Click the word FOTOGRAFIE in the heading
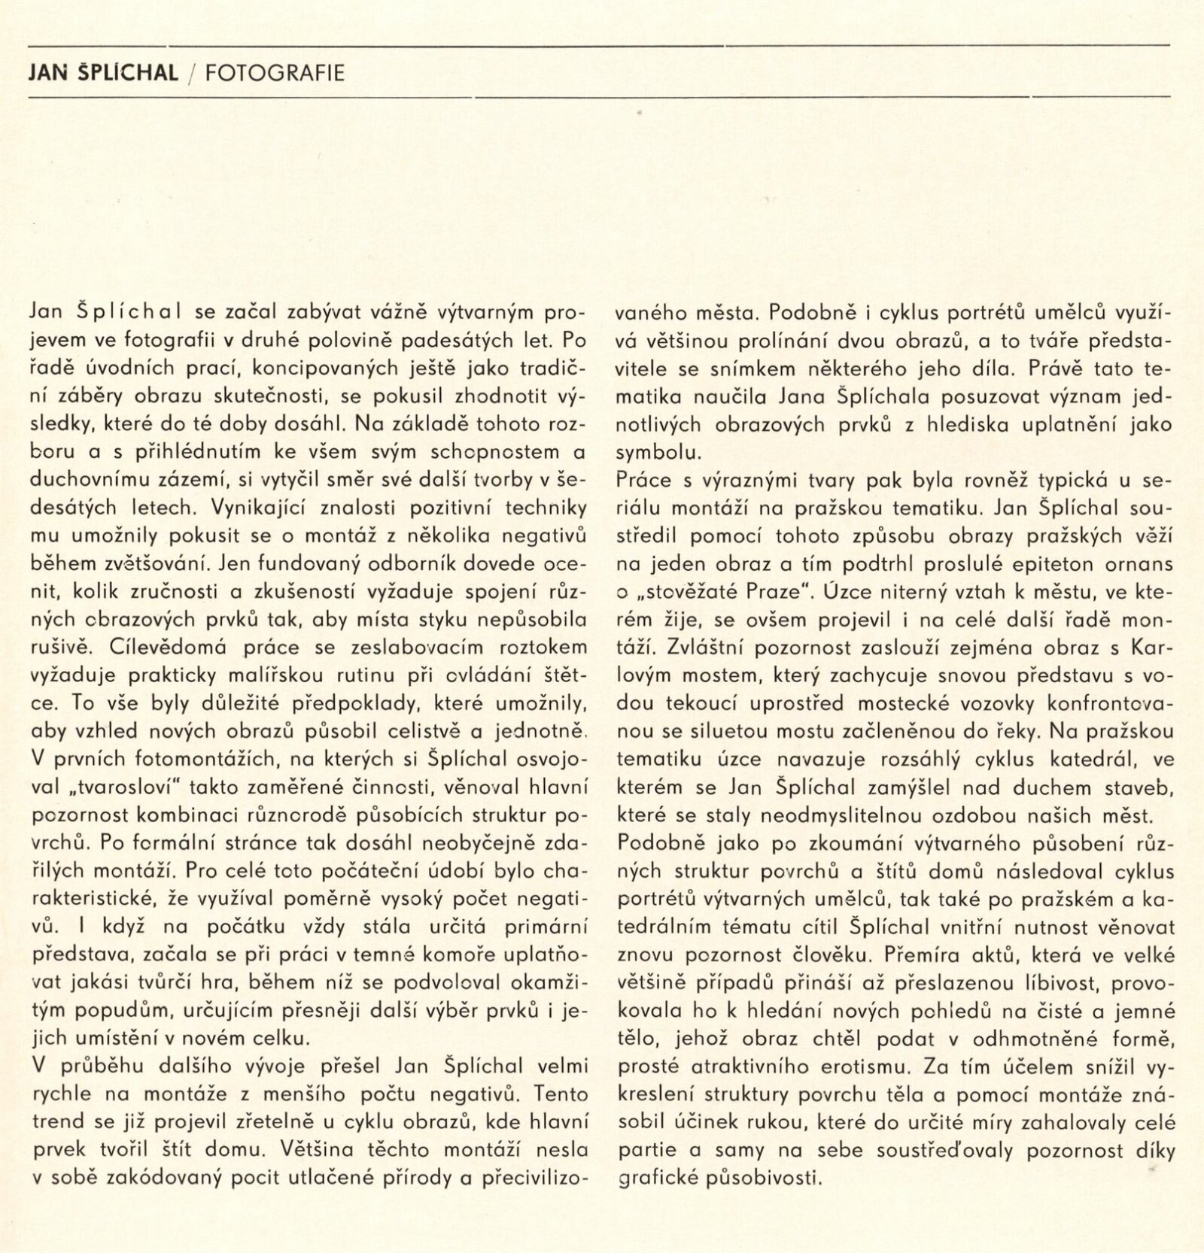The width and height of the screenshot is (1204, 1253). (x=275, y=73)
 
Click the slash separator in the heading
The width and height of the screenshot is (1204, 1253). (x=191, y=73)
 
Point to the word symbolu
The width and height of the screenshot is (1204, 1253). (x=658, y=453)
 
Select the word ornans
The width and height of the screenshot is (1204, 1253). (x=1136, y=564)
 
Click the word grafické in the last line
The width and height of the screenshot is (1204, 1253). (x=656, y=1178)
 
